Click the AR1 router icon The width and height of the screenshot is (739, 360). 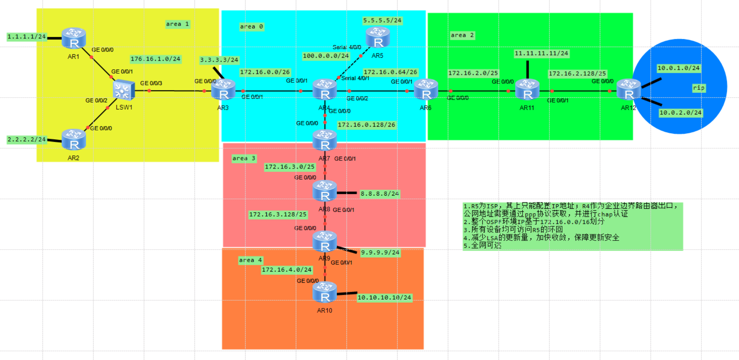coord(74,38)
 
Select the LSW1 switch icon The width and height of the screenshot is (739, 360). coord(124,90)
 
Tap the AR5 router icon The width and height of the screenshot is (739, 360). coord(378,37)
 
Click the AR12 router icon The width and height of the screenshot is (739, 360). coord(629,90)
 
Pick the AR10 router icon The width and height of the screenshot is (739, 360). coord(325,292)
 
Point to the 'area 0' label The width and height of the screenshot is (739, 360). coord(251,26)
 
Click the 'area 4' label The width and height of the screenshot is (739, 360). coord(250,260)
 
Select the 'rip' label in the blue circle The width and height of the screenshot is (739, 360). coord(698,88)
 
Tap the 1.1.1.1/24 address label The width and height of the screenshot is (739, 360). coord(27,36)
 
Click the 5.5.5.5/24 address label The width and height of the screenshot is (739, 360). coord(382,21)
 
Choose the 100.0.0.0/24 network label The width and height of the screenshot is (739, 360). coord(326,56)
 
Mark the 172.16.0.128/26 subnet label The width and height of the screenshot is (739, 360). coord(366,125)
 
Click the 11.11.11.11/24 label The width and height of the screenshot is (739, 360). coord(541,53)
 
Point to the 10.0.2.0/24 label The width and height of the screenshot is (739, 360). coord(680,112)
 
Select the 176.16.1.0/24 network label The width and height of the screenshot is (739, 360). coord(155,59)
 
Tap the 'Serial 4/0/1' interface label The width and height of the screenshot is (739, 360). coord(355,78)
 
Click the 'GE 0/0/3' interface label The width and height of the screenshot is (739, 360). coord(151,83)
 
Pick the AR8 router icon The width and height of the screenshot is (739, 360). coord(325,191)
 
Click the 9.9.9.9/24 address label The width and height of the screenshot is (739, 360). coord(380,253)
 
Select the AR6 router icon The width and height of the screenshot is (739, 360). coord(426,90)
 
